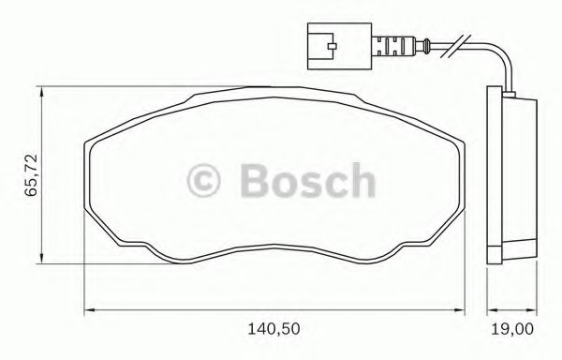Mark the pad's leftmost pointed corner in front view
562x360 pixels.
click(x=86, y=142)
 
